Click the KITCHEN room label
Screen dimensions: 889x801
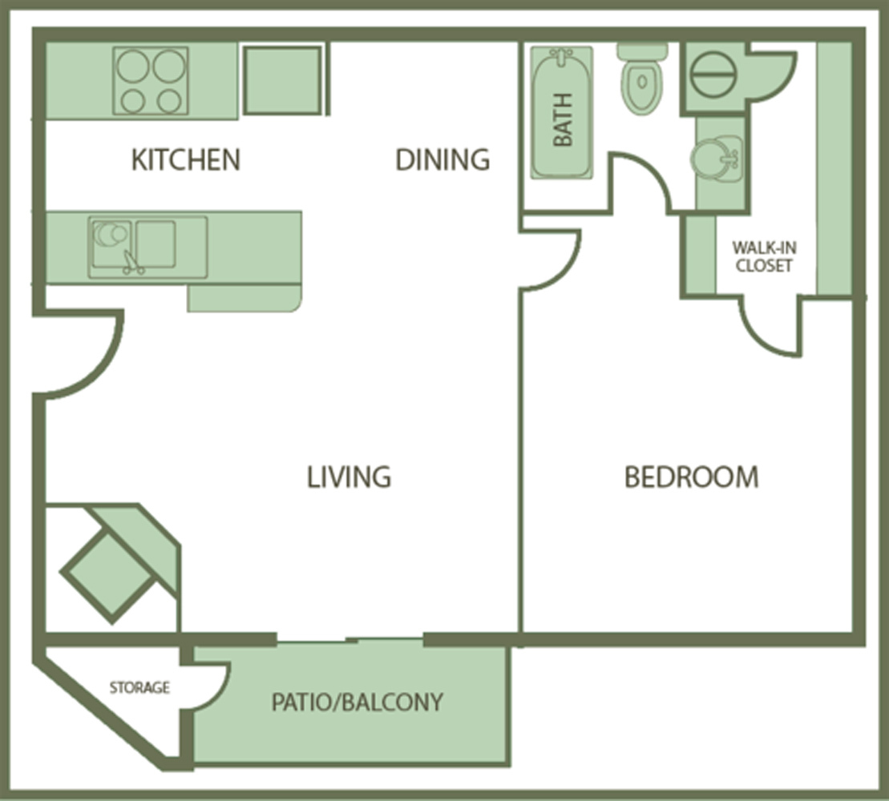point(186,159)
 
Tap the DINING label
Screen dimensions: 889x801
point(442,159)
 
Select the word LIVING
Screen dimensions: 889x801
point(349,477)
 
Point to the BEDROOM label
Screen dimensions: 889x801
point(691,477)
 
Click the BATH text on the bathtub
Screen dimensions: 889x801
point(563,119)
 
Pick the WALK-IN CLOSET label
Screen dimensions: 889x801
point(764,256)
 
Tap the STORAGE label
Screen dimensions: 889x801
point(139,688)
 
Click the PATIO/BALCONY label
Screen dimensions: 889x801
point(358,702)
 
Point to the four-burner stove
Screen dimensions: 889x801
point(150,81)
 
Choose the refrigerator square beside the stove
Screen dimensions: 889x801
point(282,80)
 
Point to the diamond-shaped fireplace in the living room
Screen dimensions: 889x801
point(107,578)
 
